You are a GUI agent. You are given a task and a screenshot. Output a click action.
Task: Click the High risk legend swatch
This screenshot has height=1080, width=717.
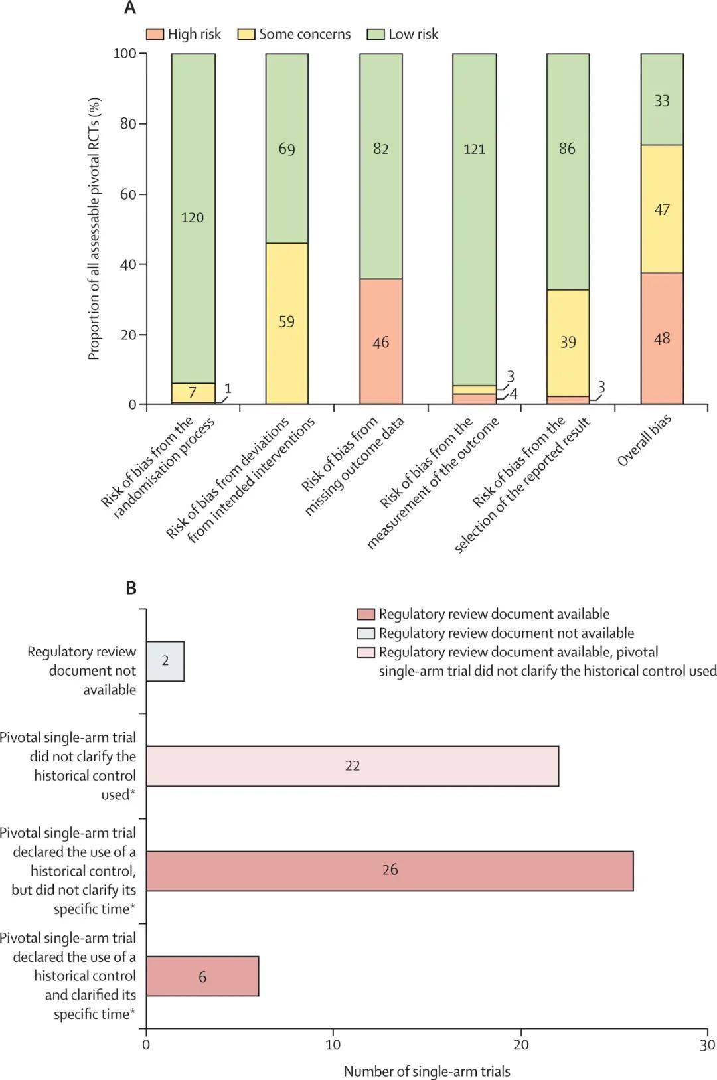(x=155, y=35)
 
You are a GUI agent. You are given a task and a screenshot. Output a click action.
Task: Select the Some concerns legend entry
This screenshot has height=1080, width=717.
(x=294, y=35)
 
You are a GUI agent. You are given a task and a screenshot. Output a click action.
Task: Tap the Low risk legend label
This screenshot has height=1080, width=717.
(x=413, y=34)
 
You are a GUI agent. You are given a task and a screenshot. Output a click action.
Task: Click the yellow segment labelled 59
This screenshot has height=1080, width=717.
(x=287, y=323)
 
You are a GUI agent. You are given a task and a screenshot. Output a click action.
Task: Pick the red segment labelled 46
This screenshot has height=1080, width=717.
(x=381, y=342)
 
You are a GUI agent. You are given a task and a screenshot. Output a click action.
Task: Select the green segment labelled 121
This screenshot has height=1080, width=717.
(x=475, y=219)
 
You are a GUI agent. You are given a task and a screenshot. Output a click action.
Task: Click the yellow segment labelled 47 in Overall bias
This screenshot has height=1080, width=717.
(x=662, y=209)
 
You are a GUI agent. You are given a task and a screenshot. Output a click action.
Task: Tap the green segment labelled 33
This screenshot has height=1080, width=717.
(x=662, y=99)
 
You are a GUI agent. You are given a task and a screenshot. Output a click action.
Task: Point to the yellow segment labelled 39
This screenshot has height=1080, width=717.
(x=568, y=343)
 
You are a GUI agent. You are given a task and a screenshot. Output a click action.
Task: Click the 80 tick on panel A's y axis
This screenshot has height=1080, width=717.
(x=127, y=124)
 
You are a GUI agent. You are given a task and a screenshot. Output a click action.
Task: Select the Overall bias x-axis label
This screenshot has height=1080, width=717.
(x=644, y=441)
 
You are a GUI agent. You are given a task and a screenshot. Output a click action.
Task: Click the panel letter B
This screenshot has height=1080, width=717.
(x=131, y=588)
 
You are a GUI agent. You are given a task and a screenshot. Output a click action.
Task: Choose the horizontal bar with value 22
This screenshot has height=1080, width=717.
(x=353, y=766)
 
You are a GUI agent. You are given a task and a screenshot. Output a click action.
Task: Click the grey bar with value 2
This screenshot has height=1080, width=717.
(x=165, y=661)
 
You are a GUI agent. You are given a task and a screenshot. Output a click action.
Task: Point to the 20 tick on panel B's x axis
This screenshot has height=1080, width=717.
(x=520, y=1044)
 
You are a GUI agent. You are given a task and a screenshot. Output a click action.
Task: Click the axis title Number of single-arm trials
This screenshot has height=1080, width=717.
(x=427, y=1071)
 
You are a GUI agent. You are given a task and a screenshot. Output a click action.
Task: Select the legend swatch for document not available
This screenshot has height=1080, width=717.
(x=366, y=633)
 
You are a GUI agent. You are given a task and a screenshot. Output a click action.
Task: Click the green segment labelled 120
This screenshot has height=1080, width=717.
(x=193, y=218)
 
